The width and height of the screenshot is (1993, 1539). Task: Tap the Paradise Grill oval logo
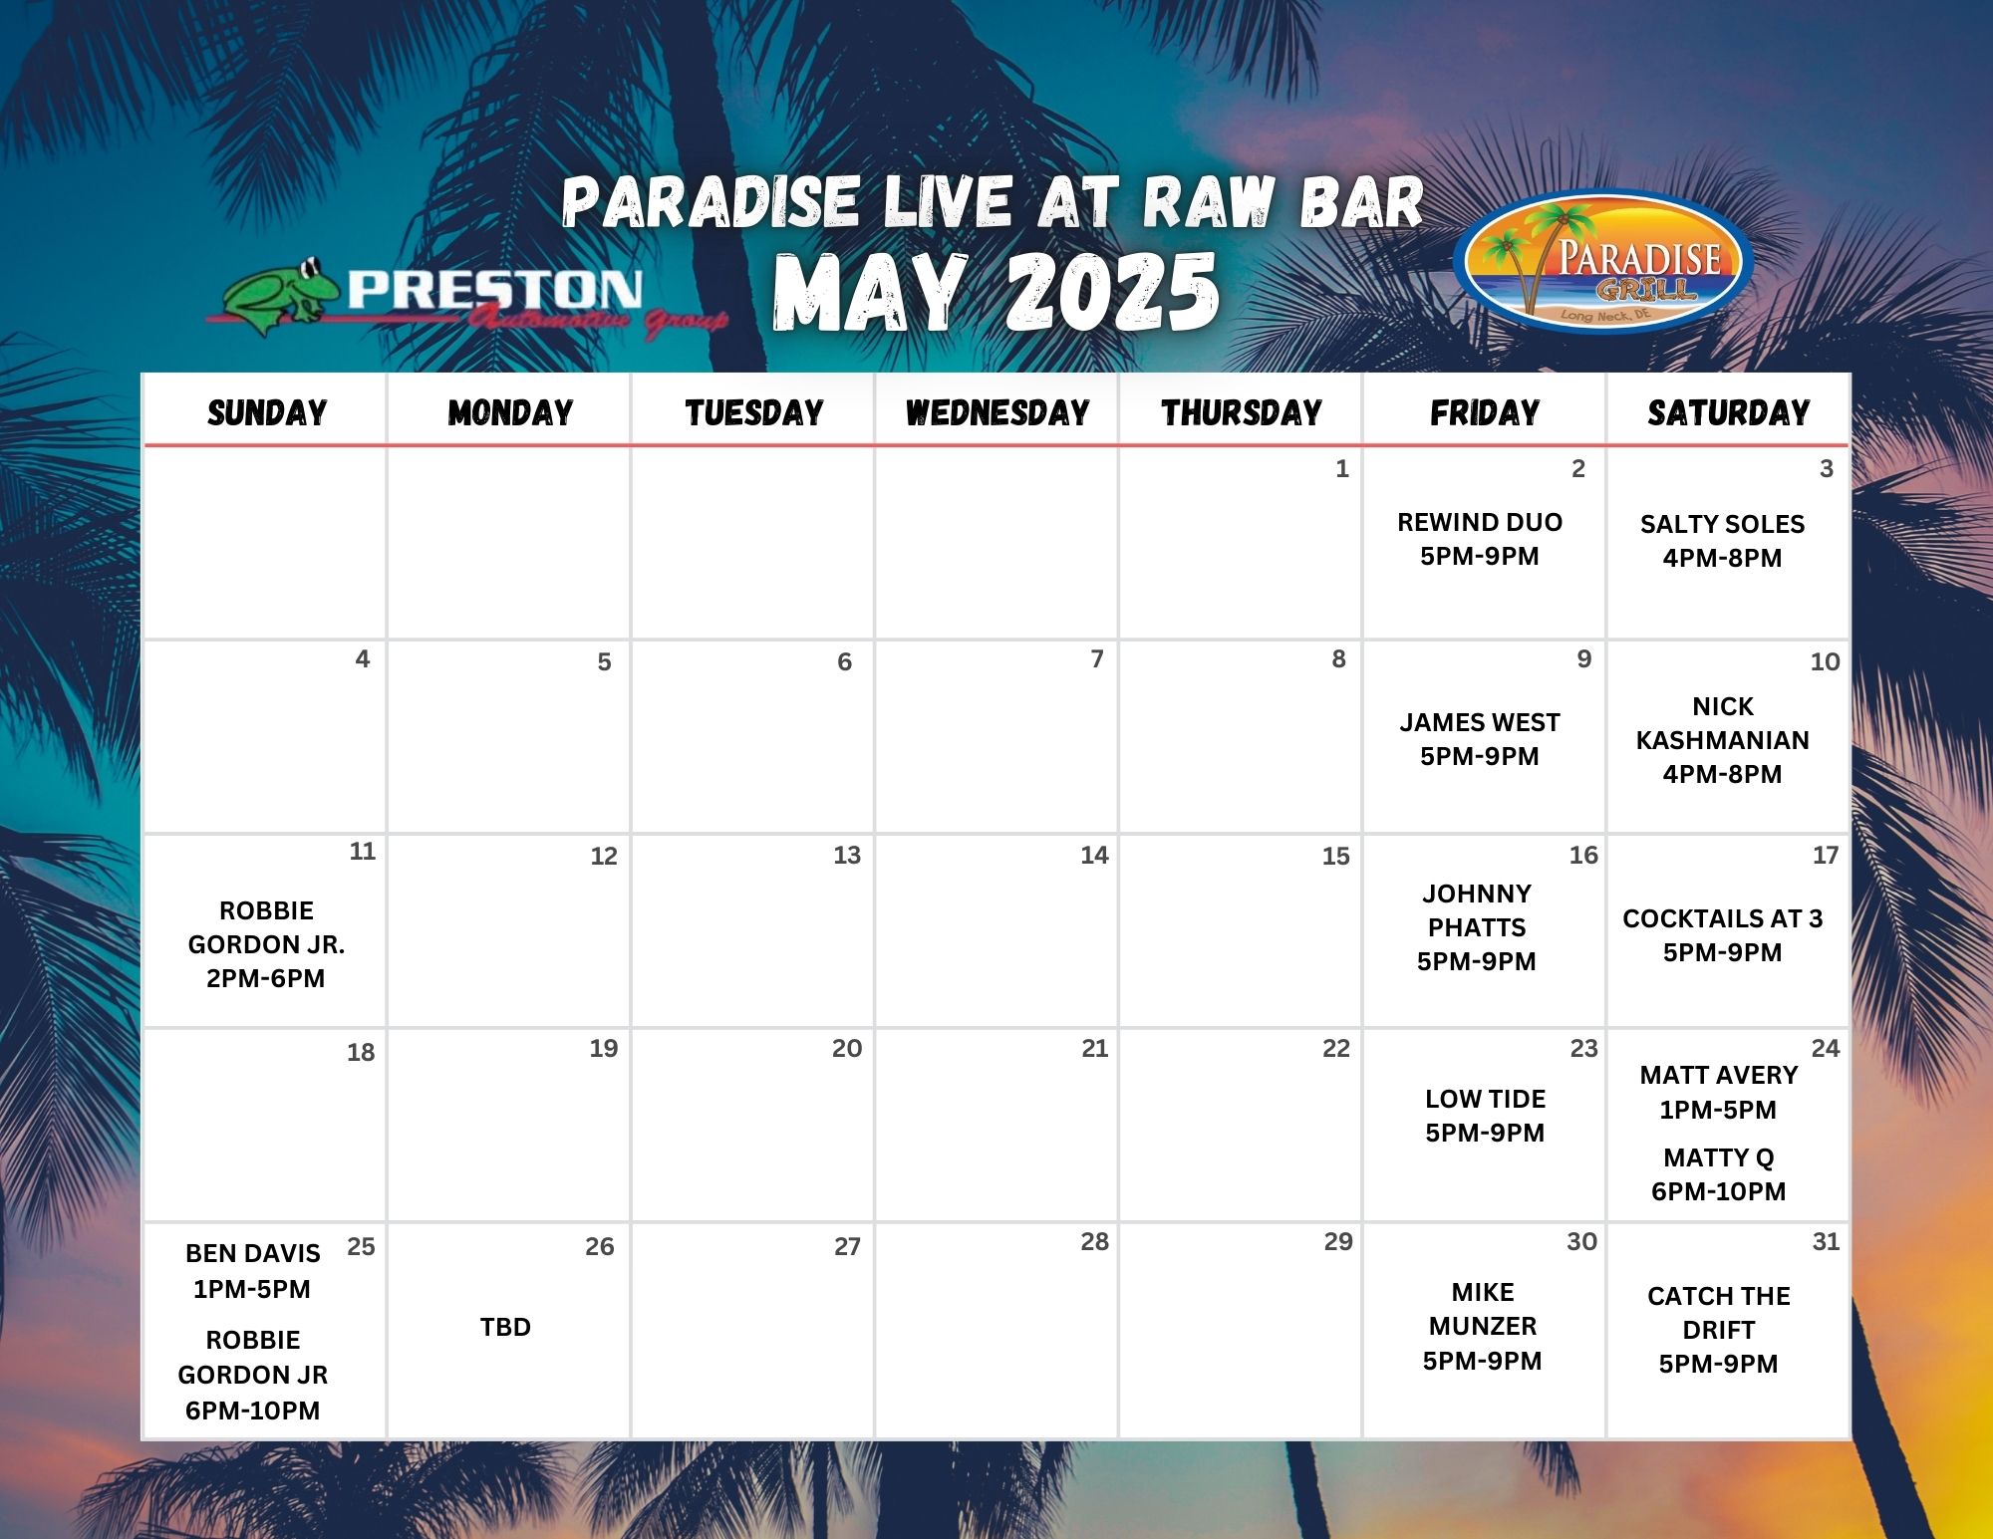(x=1603, y=261)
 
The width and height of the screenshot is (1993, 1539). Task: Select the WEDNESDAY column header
(x=997, y=412)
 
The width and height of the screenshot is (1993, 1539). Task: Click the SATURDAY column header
(x=1729, y=412)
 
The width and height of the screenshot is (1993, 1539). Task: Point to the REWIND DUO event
(x=1480, y=539)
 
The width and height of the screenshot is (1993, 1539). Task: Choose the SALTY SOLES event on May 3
(x=1722, y=541)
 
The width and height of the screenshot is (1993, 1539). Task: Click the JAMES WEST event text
(x=1480, y=739)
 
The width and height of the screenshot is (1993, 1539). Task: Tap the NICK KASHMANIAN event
(x=1722, y=740)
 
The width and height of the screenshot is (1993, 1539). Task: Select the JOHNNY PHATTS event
(x=1477, y=927)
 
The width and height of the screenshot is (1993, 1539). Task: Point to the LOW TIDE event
(x=1485, y=1116)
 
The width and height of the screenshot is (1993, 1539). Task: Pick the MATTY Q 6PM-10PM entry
(x=1719, y=1174)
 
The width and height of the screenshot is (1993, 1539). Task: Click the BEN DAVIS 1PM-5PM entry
(x=252, y=1271)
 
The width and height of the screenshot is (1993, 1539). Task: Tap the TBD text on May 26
(x=505, y=1327)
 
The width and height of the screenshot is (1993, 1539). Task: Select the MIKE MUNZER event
(x=1483, y=1326)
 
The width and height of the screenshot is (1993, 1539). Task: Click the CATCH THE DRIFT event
(x=1719, y=1330)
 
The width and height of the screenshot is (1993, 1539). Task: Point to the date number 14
(x=1094, y=855)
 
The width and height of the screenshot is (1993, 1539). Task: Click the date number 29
(x=1338, y=1241)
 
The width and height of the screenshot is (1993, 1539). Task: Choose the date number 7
(x=1097, y=658)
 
